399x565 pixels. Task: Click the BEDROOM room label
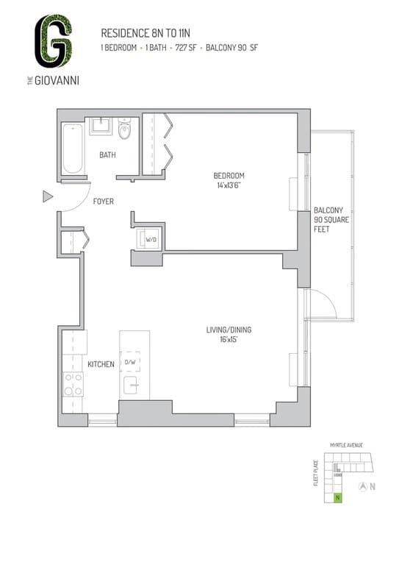point(229,176)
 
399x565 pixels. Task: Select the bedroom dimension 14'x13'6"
point(229,186)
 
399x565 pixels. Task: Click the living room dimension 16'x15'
point(229,340)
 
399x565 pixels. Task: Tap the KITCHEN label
point(100,364)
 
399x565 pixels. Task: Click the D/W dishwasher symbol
point(130,362)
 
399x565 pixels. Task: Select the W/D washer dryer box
point(150,239)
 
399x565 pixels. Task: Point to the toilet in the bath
point(124,130)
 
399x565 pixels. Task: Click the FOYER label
point(103,202)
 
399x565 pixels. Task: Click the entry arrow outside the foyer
point(48,196)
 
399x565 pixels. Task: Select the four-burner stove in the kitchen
point(73,383)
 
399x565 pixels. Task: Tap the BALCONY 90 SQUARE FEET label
point(328,219)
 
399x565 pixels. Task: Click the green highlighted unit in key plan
point(337,498)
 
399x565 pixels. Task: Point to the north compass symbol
point(362,486)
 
